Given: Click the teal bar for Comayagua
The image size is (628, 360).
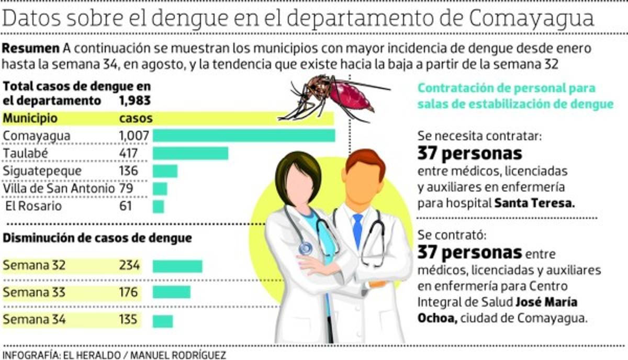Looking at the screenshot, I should point(244,136).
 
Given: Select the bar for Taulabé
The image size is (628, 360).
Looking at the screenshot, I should point(190,153).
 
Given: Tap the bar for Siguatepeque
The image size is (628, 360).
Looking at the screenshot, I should point(165,171).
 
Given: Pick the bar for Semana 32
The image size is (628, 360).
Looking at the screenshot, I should point(177,266).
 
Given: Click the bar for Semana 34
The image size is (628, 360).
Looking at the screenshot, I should point(163,320).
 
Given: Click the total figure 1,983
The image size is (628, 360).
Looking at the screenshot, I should point(134,100).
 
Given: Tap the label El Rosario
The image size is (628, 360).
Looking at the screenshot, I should point(33,206).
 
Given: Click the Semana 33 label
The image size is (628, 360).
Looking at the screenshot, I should point(35,292).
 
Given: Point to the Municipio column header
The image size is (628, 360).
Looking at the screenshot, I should point(30,118).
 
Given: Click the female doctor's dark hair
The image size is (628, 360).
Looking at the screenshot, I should point(298,165).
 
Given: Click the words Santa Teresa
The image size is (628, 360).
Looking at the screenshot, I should point(534,204).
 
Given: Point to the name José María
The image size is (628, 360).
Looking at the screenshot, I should point(546,302).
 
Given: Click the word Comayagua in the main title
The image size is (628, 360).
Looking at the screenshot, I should point(531,19).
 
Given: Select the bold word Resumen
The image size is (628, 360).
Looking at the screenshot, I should point(31,49).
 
